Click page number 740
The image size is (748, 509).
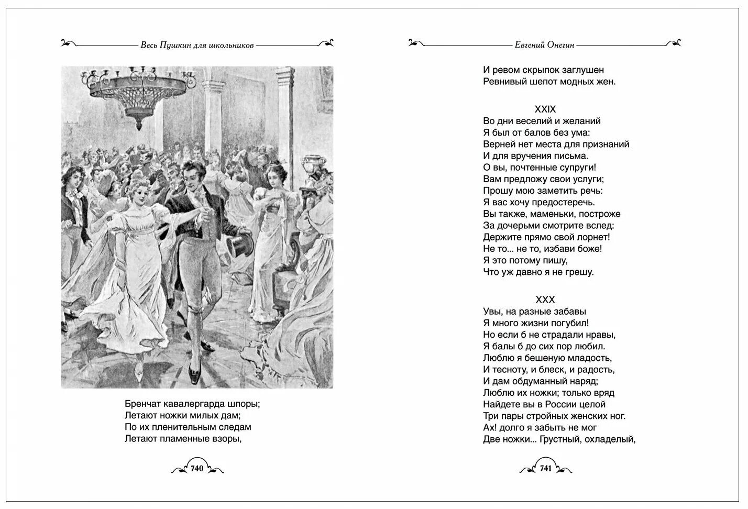pyautogui.click(x=197, y=468)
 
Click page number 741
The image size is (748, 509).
pyautogui.click(x=545, y=468)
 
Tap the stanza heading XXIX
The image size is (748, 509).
pyautogui.click(x=545, y=109)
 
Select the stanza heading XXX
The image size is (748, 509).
pyautogui.click(x=545, y=300)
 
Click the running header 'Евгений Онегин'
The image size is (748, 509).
pyautogui.click(x=545, y=45)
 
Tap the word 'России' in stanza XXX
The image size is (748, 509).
pyautogui.click(x=566, y=405)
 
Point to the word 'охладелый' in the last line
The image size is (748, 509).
pyautogui.click(x=612, y=439)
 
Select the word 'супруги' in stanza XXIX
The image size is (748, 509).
pyautogui.click(x=576, y=168)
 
